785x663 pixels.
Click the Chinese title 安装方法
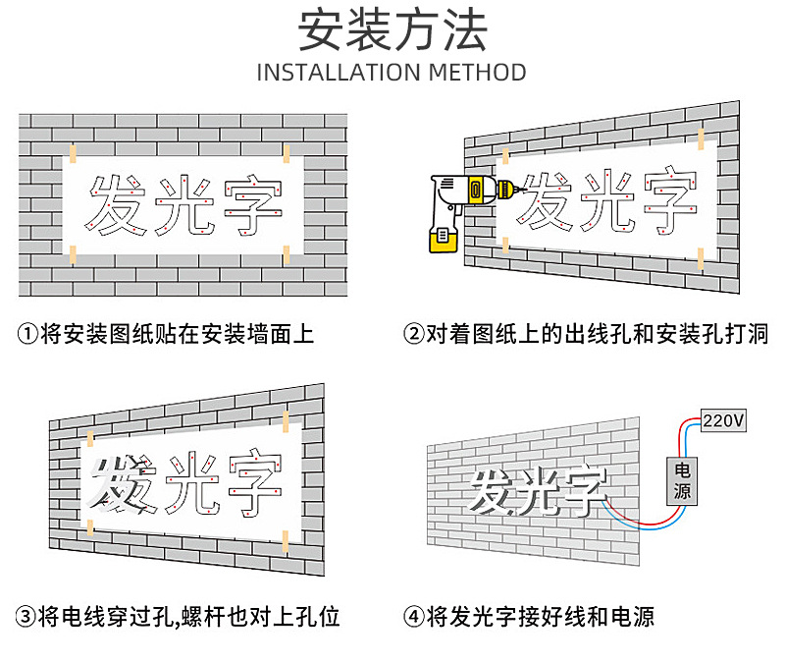tap(392, 30)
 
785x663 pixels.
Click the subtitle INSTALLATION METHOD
tap(392, 73)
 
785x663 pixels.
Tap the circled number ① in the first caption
tap(28, 334)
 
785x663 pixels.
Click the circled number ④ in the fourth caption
tap(414, 617)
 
